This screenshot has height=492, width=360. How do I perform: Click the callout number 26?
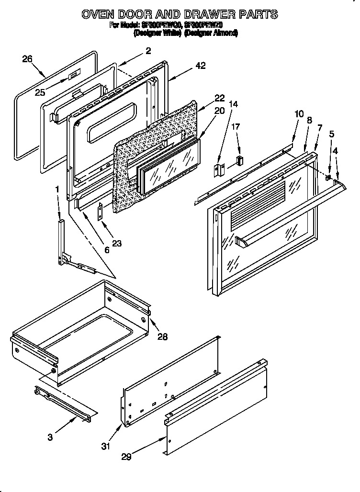tap(27, 59)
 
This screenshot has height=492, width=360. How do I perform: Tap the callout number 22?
tap(219, 98)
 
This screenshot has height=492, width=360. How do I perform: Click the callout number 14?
tap(233, 103)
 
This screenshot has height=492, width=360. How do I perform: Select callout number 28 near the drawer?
tap(163, 336)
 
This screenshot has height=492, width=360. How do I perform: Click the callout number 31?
tap(106, 446)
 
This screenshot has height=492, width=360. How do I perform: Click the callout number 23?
tap(116, 243)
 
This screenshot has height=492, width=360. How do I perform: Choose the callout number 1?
tap(57, 190)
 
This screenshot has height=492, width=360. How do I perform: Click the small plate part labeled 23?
tap(101, 211)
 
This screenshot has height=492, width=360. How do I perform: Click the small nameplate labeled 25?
tap(72, 76)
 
